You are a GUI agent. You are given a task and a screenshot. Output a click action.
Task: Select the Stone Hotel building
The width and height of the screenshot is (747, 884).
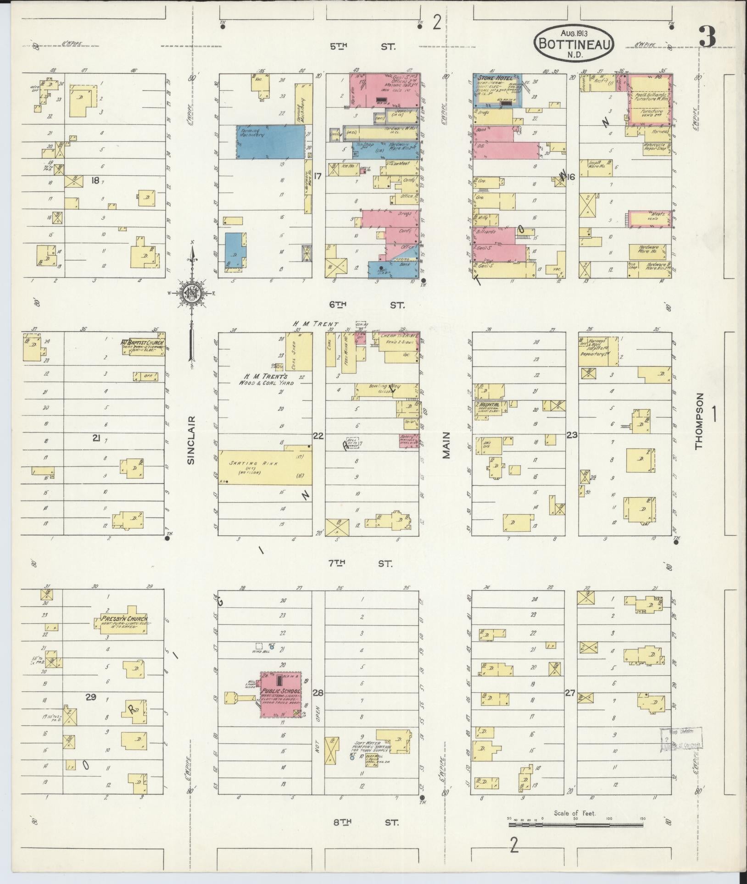pyautogui.click(x=497, y=90)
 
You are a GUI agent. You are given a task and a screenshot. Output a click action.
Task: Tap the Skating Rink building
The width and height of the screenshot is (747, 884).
pyautogui.click(x=265, y=467)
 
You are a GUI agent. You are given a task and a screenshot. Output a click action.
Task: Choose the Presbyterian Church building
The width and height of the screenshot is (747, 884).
pyautogui.click(x=127, y=623)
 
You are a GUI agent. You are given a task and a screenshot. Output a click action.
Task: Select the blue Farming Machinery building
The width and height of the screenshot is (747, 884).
pyautogui.click(x=270, y=142)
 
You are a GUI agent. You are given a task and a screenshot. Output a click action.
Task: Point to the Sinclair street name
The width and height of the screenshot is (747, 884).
pyautogui.click(x=191, y=440)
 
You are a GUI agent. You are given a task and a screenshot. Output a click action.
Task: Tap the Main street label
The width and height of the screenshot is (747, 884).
pyautogui.click(x=446, y=445)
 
